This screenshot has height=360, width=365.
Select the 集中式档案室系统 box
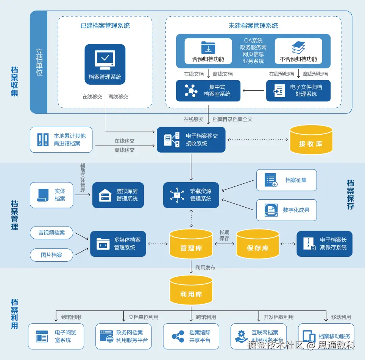click(x=208, y=91)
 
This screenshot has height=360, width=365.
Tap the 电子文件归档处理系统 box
click(x=298, y=91)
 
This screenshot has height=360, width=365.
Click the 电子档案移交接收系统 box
click(x=191, y=140)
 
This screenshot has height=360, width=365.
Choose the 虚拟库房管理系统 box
click(x=118, y=195)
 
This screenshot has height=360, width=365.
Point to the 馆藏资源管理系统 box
click(x=191, y=195)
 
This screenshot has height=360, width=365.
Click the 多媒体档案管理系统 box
click(x=118, y=244)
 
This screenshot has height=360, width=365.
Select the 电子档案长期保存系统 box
click(x=324, y=244)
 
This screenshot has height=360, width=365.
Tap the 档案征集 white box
click(x=286, y=180)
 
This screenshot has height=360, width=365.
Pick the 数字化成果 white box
click(x=286, y=210)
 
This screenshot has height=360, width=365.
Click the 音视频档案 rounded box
click(x=51, y=233)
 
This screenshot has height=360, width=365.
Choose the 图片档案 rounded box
click(x=51, y=255)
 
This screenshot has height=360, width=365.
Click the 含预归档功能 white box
click(x=208, y=51)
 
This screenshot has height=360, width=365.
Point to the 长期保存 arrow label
click(x=225, y=236)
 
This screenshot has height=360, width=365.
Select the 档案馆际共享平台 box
click(x=191, y=336)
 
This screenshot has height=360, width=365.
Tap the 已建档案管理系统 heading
click(x=105, y=26)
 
